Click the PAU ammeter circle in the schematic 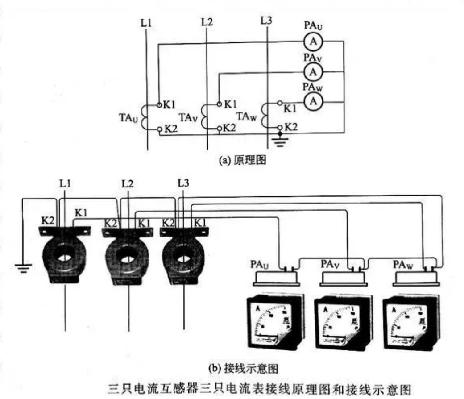click(x=313, y=42)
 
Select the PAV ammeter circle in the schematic click(x=313, y=71)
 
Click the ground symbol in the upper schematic click(x=280, y=142)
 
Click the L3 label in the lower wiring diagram click(x=183, y=183)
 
